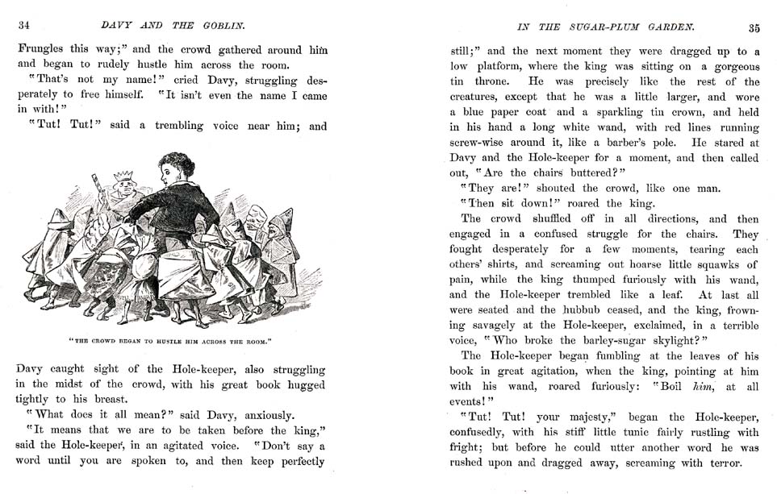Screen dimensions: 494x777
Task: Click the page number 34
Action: pyautogui.click(x=25, y=27)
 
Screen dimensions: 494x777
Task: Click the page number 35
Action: pyautogui.click(x=754, y=28)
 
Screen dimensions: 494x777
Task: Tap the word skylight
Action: pyautogui.click(x=654, y=340)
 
